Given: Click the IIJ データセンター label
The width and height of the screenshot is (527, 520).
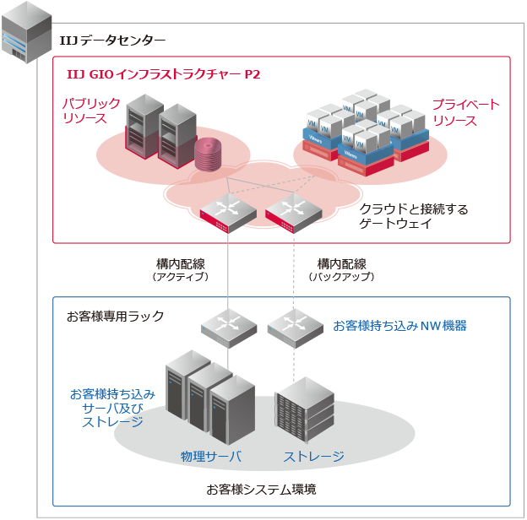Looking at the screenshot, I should (x=112, y=40).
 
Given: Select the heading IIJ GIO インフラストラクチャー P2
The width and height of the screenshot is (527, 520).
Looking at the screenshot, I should (x=163, y=74).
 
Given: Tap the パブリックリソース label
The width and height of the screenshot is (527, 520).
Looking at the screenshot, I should (x=84, y=111).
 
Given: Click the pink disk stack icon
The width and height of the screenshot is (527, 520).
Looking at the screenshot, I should (x=207, y=154).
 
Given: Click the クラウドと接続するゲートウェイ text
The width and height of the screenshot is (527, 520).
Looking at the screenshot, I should (x=413, y=216).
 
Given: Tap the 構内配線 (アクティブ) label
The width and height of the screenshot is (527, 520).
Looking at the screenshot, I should (x=180, y=269).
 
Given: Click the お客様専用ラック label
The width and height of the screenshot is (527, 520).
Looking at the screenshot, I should (x=115, y=316).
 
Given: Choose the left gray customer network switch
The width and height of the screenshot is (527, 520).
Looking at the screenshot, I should (x=227, y=325).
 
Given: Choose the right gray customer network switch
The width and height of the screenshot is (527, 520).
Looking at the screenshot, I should (x=294, y=325).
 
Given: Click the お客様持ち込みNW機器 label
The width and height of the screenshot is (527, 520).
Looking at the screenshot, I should (x=399, y=325).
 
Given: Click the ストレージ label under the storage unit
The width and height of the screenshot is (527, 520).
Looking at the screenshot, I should (x=313, y=457).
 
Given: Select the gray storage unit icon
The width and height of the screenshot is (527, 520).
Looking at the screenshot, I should (x=304, y=413).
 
